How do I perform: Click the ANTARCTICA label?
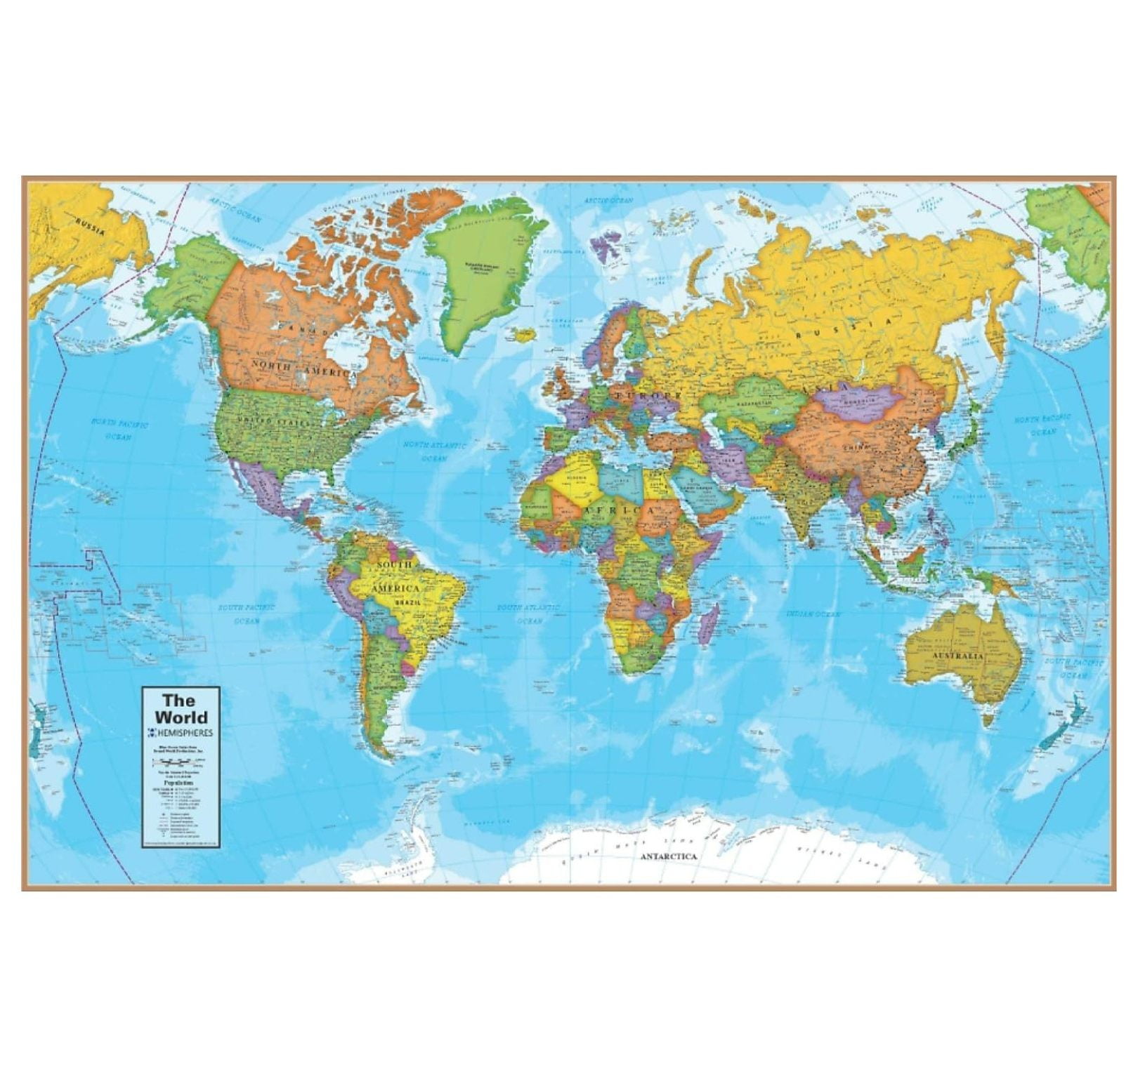pyautogui.click(x=668, y=856)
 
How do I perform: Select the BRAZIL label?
pyautogui.click(x=407, y=602)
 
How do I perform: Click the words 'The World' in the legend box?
pyautogui.click(x=181, y=708)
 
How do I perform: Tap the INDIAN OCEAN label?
pyautogui.click(x=813, y=614)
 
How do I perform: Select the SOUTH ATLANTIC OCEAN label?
pyautogui.click(x=529, y=613)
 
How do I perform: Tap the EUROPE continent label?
pyautogui.click(x=646, y=397)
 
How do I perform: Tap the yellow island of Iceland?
pyautogui.click(x=523, y=335)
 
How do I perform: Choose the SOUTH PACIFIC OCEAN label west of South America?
pyautogui.click(x=245, y=614)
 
